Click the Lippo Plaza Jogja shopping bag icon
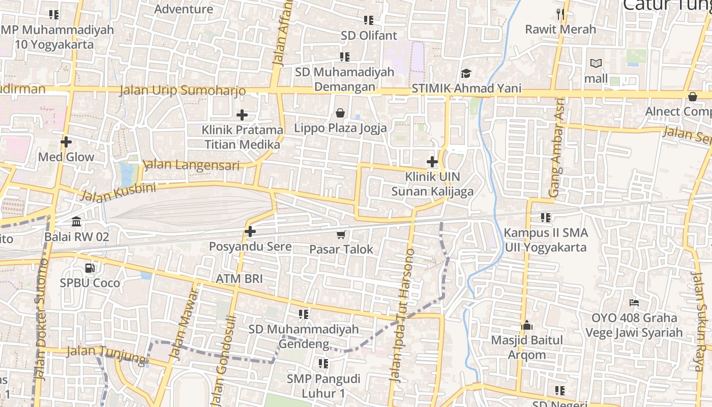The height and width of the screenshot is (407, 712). pos(340,113)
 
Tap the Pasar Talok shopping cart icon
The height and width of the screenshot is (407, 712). pos(341,235)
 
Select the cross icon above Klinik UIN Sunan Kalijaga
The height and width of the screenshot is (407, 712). pos(432,162)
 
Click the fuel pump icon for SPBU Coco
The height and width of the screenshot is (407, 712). pos(90,268)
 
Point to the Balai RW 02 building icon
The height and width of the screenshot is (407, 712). pos(76,222)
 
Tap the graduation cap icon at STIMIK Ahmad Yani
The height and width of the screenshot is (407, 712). pos(466,74)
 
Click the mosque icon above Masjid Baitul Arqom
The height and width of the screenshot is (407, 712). pos(527,325)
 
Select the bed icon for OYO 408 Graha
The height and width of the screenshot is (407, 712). pos(634,303)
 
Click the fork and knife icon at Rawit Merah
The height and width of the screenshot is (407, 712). pos(560,14)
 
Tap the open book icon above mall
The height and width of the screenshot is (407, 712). pos(596,64)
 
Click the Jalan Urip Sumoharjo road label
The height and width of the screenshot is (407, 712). pos(183,91)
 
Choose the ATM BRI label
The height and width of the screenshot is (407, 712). pos(239,279)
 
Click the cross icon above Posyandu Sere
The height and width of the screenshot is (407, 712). pos(250,231)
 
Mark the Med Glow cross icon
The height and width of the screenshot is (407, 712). pos(66,142)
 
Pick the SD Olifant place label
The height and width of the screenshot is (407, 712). pos(369,36)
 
